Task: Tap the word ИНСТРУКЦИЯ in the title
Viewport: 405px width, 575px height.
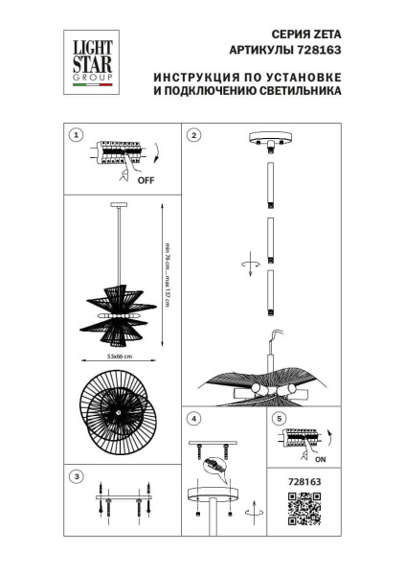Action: pyautogui.click(x=195, y=77)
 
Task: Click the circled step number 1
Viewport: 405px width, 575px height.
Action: pyautogui.click(x=77, y=135)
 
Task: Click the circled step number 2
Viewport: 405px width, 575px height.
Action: pyautogui.click(x=193, y=135)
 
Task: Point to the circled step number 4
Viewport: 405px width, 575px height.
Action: pyautogui.click(x=193, y=419)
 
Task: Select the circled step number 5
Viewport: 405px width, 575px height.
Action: pyautogui.click(x=279, y=419)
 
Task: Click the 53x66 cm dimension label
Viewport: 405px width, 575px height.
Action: pyautogui.click(x=120, y=356)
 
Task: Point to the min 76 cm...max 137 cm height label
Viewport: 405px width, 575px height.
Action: pyautogui.click(x=167, y=272)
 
